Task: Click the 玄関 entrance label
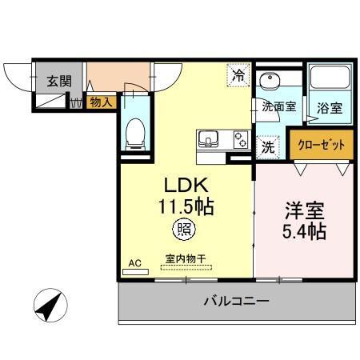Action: (x=58, y=81)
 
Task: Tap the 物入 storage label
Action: (x=101, y=102)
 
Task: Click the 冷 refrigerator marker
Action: (x=238, y=77)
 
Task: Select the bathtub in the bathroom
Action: (x=330, y=79)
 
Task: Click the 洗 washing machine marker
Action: (x=268, y=146)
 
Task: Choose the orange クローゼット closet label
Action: (x=321, y=145)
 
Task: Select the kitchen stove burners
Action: (x=239, y=140)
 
